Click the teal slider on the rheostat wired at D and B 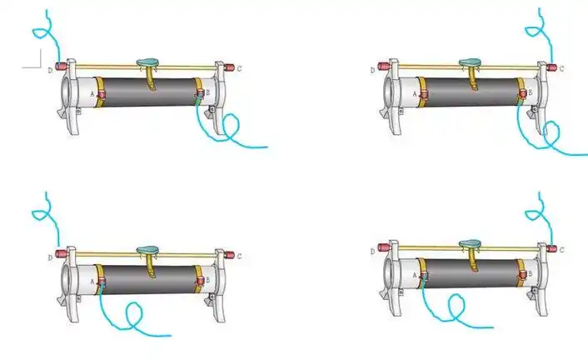[x=147, y=62]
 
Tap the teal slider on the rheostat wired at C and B [x=471, y=62]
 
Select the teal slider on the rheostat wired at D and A [x=147, y=250]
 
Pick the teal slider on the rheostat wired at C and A [x=471, y=244]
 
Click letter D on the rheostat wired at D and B [x=50, y=70]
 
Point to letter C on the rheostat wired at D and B [x=239, y=68]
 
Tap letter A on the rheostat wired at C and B [x=415, y=94]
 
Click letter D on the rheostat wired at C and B [x=372, y=70]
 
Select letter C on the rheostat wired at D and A [x=239, y=257]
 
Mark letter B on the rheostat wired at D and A [x=207, y=280]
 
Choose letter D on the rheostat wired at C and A [x=372, y=252]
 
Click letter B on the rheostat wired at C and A [x=531, y=273]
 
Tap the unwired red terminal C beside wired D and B [x=229, y=68]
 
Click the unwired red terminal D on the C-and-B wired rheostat [x=384, y=67]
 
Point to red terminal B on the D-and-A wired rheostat [x=200, y=280]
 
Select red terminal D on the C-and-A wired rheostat [x=384, y=247]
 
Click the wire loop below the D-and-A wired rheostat [x=134, y=314]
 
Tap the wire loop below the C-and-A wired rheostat [x=456, y=306]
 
